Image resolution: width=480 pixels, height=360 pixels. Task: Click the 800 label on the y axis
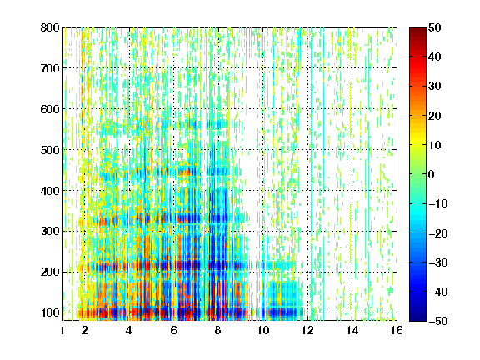click(x=50, y=27)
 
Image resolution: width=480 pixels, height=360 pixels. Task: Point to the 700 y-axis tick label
click(x=50, y=68)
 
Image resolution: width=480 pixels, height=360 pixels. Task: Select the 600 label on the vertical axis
click(x=50, y=109)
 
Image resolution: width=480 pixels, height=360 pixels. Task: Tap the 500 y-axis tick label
click(x=50, y=150)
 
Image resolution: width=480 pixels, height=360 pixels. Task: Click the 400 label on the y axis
click(x=50, y=191)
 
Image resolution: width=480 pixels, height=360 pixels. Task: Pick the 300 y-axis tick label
click(x=50, y=231)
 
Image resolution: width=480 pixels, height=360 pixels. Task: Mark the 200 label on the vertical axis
click(x=50, y=272)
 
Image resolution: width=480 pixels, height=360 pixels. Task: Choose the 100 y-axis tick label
click(x=50, y=312)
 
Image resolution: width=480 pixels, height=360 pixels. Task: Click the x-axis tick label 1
click(x=62, y=330)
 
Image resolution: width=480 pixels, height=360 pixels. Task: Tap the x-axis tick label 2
click(x=85, y=330)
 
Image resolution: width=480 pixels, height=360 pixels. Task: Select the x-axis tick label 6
click(x=173, y=330)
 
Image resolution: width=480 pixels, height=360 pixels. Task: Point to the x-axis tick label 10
click(x=262, y=330)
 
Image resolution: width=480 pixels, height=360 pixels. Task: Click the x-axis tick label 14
click(x=352, y=330)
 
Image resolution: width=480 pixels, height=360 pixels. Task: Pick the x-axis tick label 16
click(x=397, y=330)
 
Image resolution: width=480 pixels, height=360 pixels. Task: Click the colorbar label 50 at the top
click(x=434, y=27)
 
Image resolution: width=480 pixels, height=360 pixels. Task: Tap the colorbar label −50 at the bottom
click(x=437, y=321)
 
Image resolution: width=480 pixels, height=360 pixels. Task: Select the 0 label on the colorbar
click(x=432, y=174)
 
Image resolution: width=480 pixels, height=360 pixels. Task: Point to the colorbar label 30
click(x=434, y=87)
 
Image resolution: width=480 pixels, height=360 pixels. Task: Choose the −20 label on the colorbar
click(x=437, y=233)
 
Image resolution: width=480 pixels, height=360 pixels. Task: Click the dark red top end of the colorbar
click(x=417, y=29)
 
